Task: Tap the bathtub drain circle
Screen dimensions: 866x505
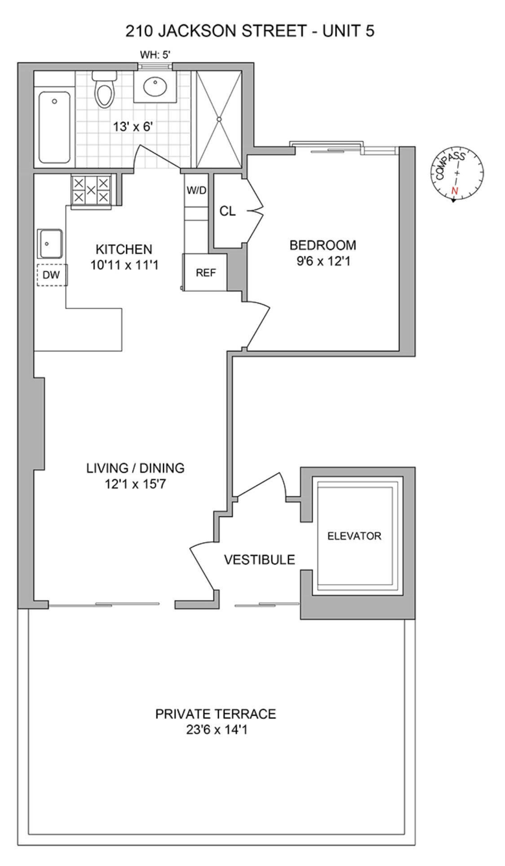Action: coord(54,101)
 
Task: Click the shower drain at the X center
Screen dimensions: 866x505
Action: coord(219,119)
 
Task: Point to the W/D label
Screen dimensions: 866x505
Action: coord(196,191)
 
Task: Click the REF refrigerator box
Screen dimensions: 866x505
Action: coord(205,273)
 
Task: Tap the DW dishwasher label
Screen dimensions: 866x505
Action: coord(51,275)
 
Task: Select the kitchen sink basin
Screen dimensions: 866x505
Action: coord(51,243)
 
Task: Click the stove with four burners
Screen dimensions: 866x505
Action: coord(91,190)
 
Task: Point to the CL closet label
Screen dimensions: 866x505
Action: coord(227,211)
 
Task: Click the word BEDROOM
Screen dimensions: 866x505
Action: coord(323,246)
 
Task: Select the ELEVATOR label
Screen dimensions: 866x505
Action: coord(354,536)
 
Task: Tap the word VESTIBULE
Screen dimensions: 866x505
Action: coord(259,560)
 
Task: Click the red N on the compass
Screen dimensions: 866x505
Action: coord(455,190)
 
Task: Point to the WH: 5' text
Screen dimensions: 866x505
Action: coord(155,55)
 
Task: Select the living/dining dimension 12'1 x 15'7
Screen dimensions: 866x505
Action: coord(136,485)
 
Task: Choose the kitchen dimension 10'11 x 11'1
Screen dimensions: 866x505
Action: coord(124,265)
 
